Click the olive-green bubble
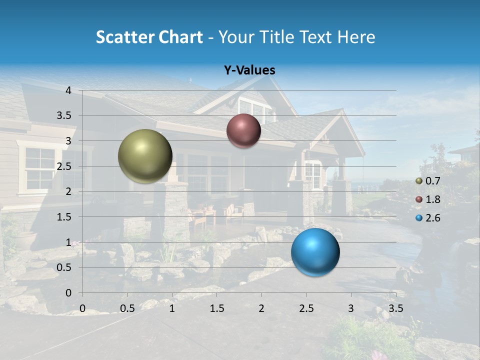[145, 156]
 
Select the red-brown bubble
[243, 130]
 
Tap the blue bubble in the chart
[315, 252]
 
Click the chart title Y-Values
[249, 70]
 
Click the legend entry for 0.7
[432, 181]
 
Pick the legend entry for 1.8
[432, 199]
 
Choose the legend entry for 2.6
[432, 218]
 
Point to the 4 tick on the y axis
[69, 90]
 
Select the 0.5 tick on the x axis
[127, 308]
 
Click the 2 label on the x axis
[261, 308]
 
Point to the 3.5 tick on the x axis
[395, 308]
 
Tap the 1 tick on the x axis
[172, 308]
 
